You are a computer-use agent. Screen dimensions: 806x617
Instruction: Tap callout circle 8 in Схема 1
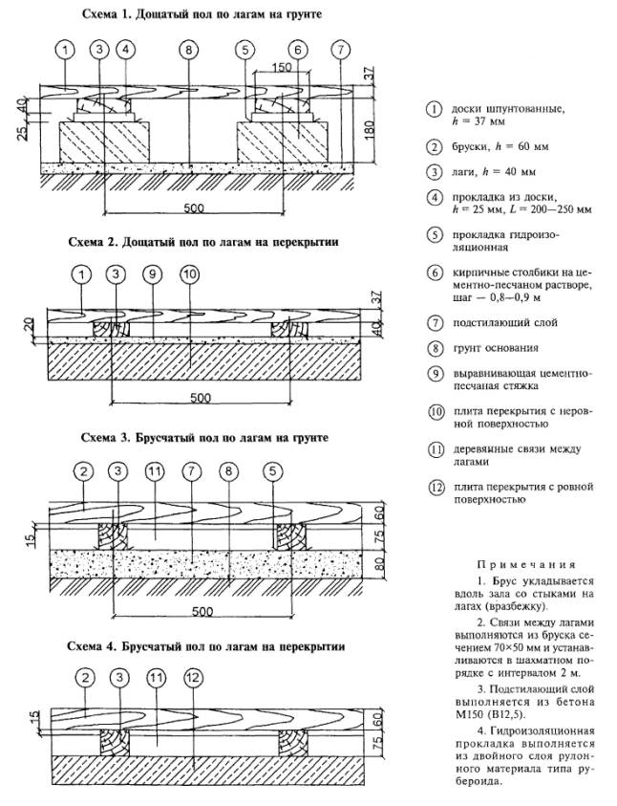[x=189, y=50]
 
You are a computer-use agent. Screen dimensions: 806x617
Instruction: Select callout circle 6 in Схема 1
[x=299, y=50]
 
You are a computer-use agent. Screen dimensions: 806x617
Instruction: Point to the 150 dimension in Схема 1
[x=280, y=68]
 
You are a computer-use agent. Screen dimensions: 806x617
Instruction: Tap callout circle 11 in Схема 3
[x=152, y=471]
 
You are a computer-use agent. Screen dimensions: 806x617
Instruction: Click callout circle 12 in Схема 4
[x=192, y=679]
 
